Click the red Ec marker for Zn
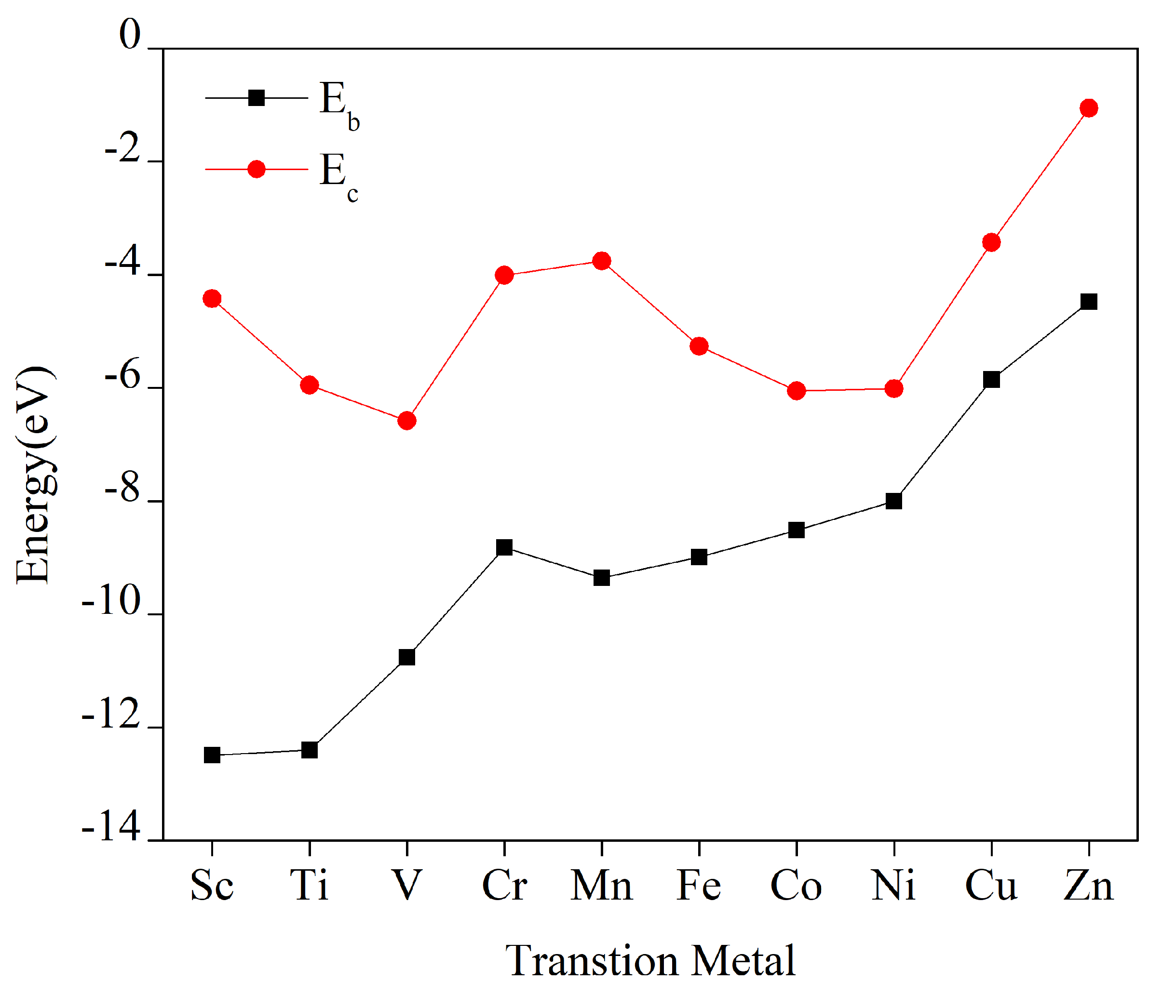pos(1089,107)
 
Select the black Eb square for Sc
pos(212,755)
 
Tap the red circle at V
pos(406,421)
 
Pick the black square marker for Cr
pos(504,547)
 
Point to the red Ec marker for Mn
pos(602,261)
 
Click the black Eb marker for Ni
pos(894,501)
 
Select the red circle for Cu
pos(991,242)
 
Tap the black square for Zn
pos(1089,302)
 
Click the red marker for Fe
pos(699,346)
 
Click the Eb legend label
pos(338,104)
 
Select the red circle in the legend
pos(257,169)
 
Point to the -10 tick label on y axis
pos(111,603)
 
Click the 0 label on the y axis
pos(130,35)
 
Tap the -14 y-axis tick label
pos(111,828)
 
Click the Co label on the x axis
pos(796,886)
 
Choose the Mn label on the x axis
pos(601,886)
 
